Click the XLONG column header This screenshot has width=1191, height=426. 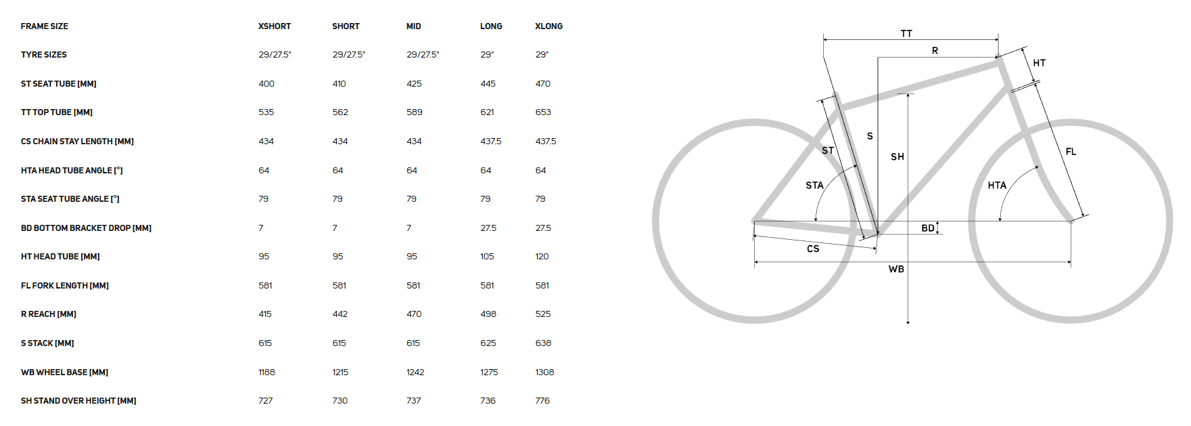click(x=548, y=26)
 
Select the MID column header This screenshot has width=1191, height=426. click(x=414, y=26)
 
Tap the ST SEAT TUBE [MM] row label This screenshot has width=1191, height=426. click(x=59, y=84)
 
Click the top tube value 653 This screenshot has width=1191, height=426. click(x=543, y=112)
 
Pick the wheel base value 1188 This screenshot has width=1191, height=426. click(x=266, y=372)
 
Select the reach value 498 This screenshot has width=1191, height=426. click(x=488, y=314)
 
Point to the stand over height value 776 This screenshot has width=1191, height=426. click(x=542, y=401)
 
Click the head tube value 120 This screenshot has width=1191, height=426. click(x=542, y=257)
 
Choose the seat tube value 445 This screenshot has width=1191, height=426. click(x=488, y=84)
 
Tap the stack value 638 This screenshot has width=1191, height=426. click(x=543, y=343)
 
